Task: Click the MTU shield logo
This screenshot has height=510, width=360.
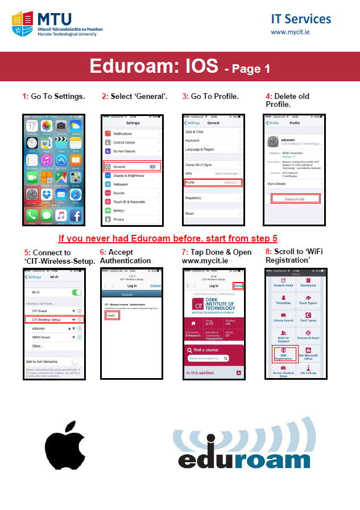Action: coord(23,24)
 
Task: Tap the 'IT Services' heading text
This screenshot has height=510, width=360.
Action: coord(301,19)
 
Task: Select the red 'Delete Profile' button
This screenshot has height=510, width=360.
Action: coord(295,199)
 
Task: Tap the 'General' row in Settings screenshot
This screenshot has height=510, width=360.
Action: coord(132,167)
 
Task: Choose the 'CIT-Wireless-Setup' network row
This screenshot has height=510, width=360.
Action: coord(54,320)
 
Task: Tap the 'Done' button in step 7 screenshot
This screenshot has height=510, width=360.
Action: coord(238,285)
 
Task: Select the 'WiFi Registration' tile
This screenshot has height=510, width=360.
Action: coord(283,354)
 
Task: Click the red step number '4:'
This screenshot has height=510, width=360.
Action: coord(269,96)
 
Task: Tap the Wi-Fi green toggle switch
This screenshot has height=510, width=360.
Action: coord(76,292)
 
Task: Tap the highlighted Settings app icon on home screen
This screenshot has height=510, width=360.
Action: coord(32,194)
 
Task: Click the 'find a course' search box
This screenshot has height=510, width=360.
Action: coord(208,359)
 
